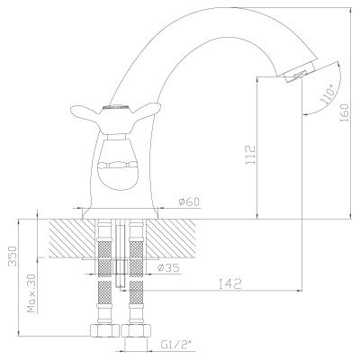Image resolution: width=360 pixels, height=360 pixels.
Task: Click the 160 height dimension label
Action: tap(346, 112)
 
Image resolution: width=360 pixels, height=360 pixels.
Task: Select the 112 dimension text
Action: tap(250, 155)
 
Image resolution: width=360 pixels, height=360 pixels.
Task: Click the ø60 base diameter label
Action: tap(189, 202)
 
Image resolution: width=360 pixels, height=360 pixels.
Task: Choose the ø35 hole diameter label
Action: tap(169, 267)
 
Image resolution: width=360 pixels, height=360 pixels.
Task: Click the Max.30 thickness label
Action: tap(32, 293)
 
